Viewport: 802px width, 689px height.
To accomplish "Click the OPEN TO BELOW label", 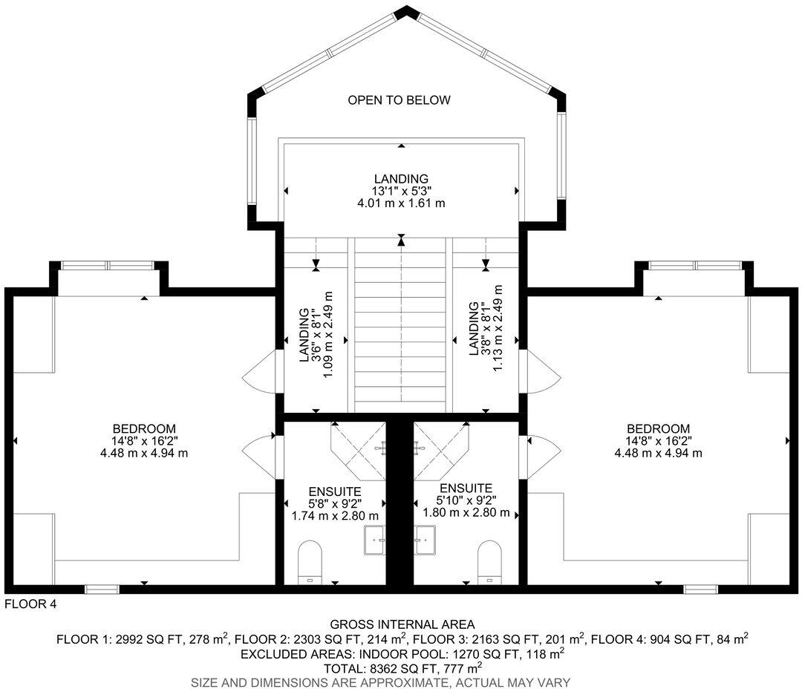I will pyautogui.click(x=400, y=100).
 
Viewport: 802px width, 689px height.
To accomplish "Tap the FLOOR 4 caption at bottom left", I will pyautogui.click(x=30, y=604).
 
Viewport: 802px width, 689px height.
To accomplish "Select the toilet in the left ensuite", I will pyautogui.click(x=310, y=561).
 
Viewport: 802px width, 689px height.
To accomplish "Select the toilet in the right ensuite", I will pyautogui.click(x=490, y=561).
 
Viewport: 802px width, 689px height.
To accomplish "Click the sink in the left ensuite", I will pyautogui.click(x=375, y=539).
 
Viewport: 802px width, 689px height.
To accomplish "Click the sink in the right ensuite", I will pyautogui.click(x=426, y=539).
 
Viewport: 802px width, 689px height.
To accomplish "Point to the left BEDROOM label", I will pyautogui.click(x=144, y=429).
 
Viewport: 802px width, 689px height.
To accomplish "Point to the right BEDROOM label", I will pyautogui.click(x=658, y=429).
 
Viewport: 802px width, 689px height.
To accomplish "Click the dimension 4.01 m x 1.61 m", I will pyautogui.click(x=401, y=203).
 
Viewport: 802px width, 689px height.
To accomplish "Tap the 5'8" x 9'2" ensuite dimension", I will pyautogui.click(x=335, y=503).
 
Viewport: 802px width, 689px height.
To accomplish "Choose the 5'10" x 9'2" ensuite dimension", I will pyautogui.click(x=466, y=500).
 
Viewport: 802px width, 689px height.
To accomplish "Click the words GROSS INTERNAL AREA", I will pyautogui.click(x=402, y=624).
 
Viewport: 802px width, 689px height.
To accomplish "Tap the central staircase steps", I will pyautogui.click(x=401, y=327).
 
